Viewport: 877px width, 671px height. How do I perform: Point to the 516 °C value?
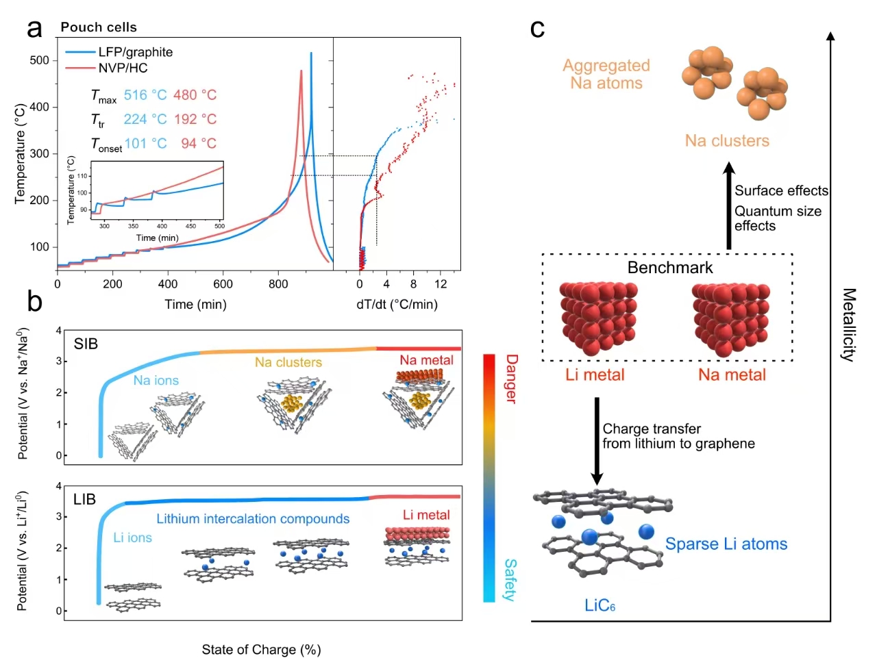coord(145,95)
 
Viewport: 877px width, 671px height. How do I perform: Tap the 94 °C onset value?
coord(199,144)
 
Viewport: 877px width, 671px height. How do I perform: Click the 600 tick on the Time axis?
coord(223,284)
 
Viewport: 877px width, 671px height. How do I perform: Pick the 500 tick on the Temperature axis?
coord(39,60)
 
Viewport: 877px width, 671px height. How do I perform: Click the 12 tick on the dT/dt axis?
coord(441,284)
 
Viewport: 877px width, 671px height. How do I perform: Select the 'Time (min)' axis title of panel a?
coord(195,304)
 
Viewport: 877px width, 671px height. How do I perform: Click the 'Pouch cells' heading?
coord(99,27)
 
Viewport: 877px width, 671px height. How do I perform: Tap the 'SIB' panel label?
coord(86,344)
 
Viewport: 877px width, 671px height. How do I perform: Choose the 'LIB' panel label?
coord(84,499)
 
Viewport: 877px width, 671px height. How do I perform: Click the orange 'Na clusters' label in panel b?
coord(288,362)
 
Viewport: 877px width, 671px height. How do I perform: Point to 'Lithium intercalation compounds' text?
coord(253,519)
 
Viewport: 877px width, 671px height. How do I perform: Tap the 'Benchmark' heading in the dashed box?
coord(669,268)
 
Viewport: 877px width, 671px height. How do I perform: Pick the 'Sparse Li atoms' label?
coord(726,544)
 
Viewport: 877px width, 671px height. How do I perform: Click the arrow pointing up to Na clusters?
coord(730,205)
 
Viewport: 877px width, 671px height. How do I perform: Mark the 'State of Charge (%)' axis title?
coord(261,650)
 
